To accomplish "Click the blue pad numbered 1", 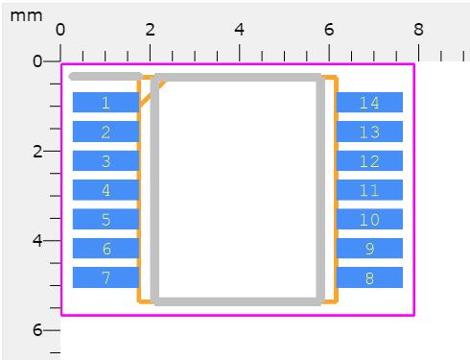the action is pyautogui.click(x=106, y=103).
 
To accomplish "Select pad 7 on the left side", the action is pyautogui.click(x=106, y=277).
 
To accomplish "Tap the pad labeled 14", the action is pyautogui.click(x=369, y=103).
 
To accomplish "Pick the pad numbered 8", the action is pyautogui.click(x=369, y=277).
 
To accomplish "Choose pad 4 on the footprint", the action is pyautogui.click(x=106, y=190).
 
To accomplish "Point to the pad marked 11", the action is pyautogui.click(x=369, y=190).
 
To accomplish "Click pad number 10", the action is pyautogui.click(x=369, y=219).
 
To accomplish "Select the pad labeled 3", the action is pyautogui.click(x=106, y=160).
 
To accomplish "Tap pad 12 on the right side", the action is pyautogui.click(x=369, y=160).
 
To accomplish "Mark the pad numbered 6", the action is pyautogui.click(x=106, y=249).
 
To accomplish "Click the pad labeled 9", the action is pyautogui.click(x=369, y=249).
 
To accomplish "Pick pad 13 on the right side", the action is pyautogui.click(x=369, y=132).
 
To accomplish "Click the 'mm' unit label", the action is pyautogui.click(x=26, y=16).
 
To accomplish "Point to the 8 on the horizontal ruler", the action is pyautogui.click(x=418, y=30).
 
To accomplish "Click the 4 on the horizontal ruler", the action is pyautogui.click(x=240, y=30).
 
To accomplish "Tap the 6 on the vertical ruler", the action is pyautogui.click(x=37, y=329).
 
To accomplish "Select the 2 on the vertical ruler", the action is pyautogui.click(x=37, y=151).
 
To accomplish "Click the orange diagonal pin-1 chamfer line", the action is pyautogui.click(x=153, y=93).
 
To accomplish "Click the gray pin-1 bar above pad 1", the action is pyautogui.click(x=106, y=77).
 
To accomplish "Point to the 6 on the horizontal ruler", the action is pyautogui.click(x=329, y=30).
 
